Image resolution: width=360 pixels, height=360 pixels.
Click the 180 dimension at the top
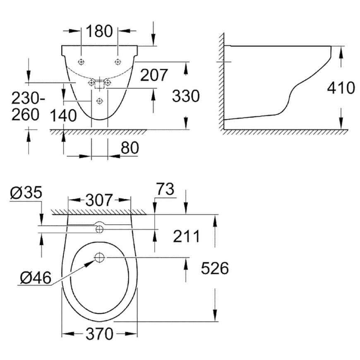coord(99,31)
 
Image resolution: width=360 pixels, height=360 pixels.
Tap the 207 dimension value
coord(154,75)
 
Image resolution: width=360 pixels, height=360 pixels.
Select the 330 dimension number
coord(186,96)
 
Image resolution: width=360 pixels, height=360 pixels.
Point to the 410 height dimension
coord(341,87)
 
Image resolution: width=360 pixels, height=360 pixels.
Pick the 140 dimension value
coord(63,115)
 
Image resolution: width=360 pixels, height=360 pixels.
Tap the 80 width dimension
coord(130,147)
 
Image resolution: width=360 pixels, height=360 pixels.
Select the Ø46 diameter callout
coord(35,278)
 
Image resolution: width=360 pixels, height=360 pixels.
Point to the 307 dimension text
coord(99,200)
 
